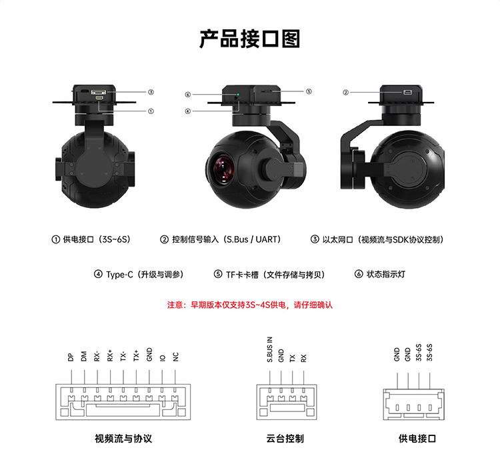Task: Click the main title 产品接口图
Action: point(250,39)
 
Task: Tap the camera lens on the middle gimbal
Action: point(223,169)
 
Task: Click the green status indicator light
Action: point(238,95)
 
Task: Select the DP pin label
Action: point(71,357)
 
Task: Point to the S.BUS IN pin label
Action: point(270,349)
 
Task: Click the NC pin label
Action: point(175,357)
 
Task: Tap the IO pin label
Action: point(163,358)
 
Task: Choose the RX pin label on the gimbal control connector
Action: point(303,358)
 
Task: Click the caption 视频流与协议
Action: point(123,439)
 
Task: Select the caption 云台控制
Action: point(285,439)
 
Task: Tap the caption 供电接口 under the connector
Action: point(417,439)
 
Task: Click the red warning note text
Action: point(250,305)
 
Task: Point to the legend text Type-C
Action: point(119,275)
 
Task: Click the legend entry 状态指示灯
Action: point(386,274)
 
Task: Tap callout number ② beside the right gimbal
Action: point(345,93)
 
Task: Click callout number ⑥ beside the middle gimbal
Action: point(188,95)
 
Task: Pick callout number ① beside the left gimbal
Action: point(151,111)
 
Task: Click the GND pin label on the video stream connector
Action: point(149,355)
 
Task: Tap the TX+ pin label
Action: point(136,355)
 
